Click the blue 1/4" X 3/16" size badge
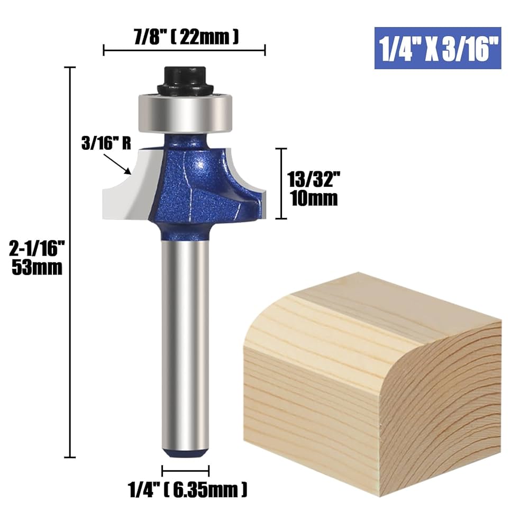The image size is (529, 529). point(437,48)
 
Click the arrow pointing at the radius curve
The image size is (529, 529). point(125,169)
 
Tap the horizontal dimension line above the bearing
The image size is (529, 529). point(184,51)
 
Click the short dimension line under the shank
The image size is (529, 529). point(185,470)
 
